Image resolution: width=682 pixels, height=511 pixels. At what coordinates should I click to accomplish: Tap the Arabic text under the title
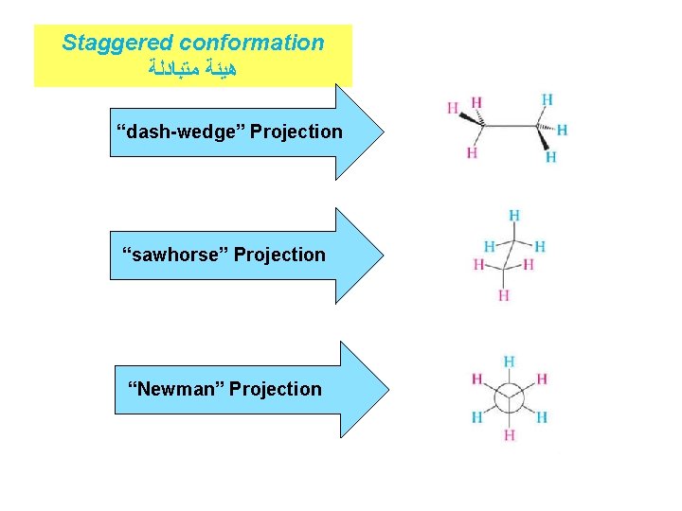coord(192,68)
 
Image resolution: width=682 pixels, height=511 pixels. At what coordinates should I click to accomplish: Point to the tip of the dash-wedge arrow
coord(386,132)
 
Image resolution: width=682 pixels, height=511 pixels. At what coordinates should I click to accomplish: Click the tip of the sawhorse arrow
coord(383,255)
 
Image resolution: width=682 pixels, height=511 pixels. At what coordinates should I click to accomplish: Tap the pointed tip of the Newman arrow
coord(387,389)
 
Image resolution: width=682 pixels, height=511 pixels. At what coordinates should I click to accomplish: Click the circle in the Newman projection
coord(510,398)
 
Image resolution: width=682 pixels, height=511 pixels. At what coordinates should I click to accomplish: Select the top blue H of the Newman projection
coord(510,361)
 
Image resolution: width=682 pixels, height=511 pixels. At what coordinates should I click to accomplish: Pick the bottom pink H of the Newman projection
coord(510,435)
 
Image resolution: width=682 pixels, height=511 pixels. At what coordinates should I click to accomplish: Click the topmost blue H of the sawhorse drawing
coord(513,216)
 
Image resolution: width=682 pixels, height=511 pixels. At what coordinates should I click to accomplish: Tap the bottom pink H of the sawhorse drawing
coord(503,295)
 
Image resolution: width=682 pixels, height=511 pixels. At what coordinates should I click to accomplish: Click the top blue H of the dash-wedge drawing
coord(547,98)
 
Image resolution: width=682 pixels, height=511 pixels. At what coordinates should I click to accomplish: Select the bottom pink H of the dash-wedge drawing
coord(472,152)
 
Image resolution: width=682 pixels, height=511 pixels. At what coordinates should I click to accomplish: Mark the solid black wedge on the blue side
coord(544,140)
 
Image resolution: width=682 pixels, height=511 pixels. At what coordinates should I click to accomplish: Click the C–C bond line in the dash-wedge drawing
coord(511,123)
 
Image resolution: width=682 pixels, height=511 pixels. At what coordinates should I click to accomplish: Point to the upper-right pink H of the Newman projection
coord(542,379)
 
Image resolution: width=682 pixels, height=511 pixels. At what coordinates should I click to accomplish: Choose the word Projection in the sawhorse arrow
coord(279,255)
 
